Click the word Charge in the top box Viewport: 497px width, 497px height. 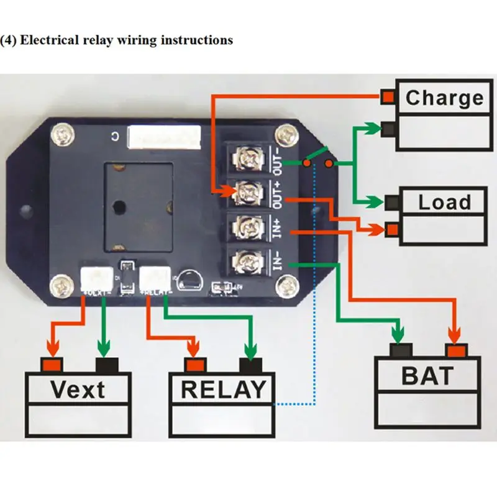[x=444, y=98]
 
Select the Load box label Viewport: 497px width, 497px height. [x=444, y=202]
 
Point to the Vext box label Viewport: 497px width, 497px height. [x=78, y=390]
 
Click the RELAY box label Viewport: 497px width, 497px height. [x=222, y=390]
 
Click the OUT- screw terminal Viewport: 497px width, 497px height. [x=248, y=158]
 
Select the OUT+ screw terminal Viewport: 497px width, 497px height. [x=248, y=191]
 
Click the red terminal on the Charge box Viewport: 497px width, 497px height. [x=388, y=97]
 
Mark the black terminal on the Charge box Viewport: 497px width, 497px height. [x=390, y=129]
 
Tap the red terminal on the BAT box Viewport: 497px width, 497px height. [x=457, y=352]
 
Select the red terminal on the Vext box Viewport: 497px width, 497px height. [x=51, y=364]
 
